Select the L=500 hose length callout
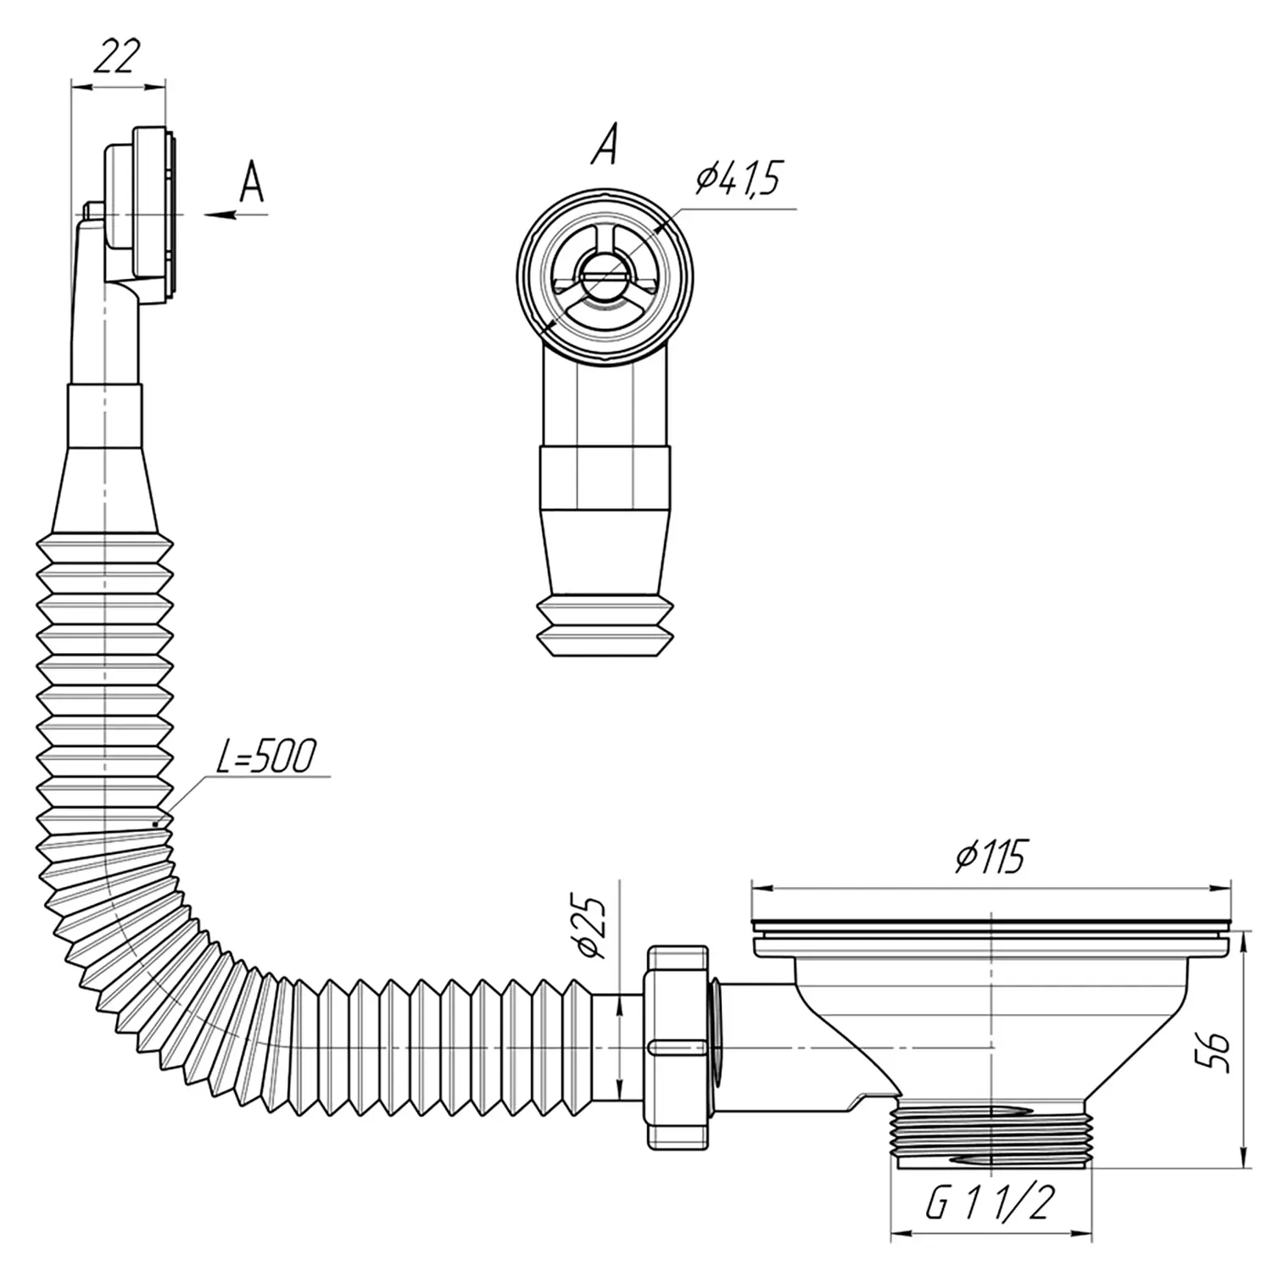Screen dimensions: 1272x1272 coord(265,756)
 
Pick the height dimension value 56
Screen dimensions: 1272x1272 coord(1216,1052)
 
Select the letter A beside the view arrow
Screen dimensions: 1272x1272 coord(252,181)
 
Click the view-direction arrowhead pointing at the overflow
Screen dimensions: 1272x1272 coord(220,215)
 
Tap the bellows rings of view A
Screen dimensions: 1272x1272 coord(604,627)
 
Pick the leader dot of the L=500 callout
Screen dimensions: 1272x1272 coord(155,823)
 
